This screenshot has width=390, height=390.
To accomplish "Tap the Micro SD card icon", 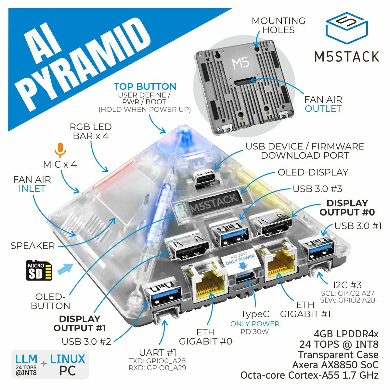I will click(x=39, y=270).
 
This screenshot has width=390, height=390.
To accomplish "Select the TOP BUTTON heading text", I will click(x=145, y=87).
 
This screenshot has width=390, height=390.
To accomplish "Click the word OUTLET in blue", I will click(x=323, y=109).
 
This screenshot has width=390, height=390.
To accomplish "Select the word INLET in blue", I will click(x=32, y=188).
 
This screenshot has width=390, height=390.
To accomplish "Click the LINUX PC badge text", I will click(x=67, y=364).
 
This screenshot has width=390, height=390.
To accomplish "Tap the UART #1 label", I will click(x=158, y=352).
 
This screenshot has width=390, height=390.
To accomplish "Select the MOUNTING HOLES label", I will click(x=279, y=25).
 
